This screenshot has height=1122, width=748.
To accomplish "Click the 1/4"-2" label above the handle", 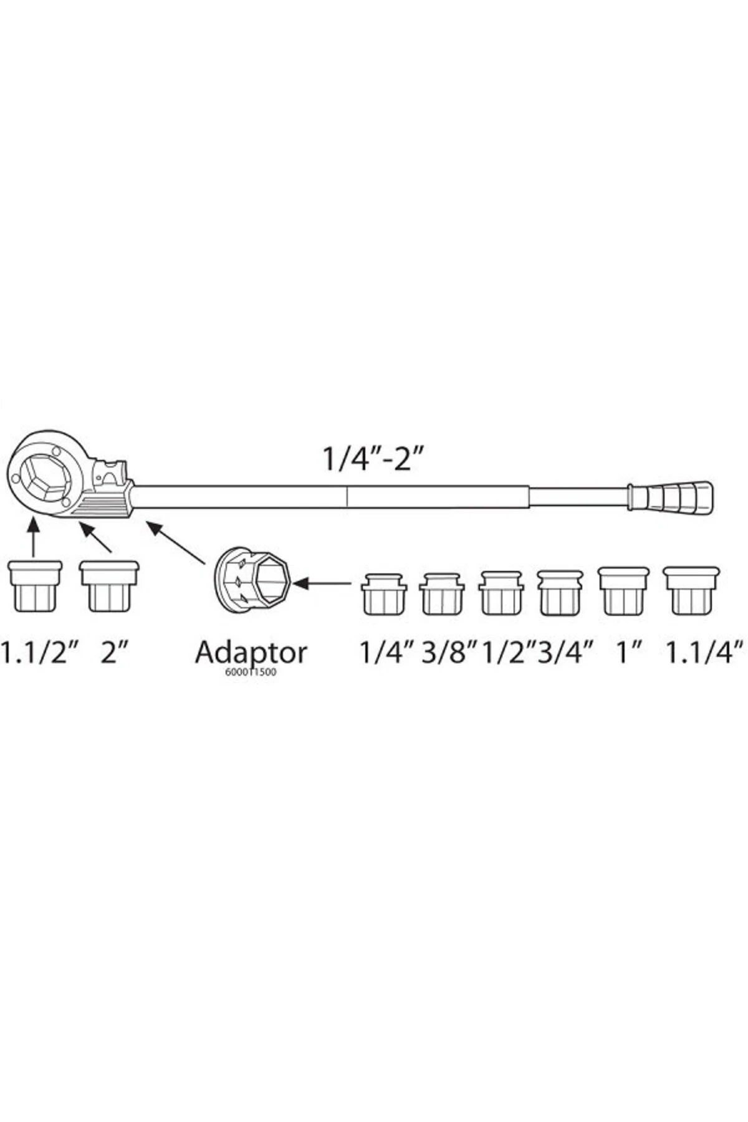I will coord(373,459).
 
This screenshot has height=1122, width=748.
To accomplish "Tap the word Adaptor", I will coord(251,653).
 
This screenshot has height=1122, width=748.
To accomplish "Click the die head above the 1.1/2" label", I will coord(35,586).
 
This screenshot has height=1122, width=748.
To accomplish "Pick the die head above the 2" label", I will coord(109,586).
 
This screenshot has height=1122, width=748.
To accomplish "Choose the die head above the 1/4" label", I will coord(383,595).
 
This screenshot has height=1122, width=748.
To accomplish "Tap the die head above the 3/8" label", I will coord(441,595).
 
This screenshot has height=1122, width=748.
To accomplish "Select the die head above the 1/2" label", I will coord(501,593).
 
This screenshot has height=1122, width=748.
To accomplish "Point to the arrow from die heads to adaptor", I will coord(323,583).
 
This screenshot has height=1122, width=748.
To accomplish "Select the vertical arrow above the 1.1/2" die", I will coord(34,537).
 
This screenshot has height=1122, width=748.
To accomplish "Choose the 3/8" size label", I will coord(449,653).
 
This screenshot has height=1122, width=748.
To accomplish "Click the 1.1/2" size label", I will coord(32,653).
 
